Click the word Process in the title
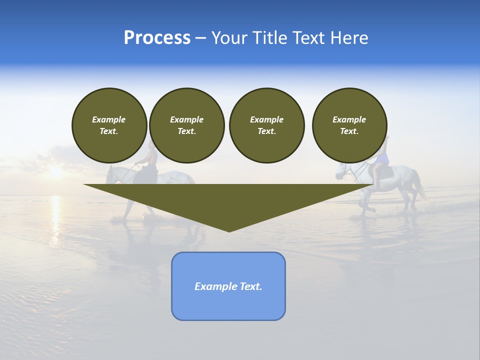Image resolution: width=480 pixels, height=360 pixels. coord(157,38)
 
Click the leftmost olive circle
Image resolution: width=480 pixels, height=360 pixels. coord(109,125)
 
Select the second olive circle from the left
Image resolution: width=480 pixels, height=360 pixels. coord(187,125)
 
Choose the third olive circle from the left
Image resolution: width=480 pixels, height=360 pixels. coord(266,125)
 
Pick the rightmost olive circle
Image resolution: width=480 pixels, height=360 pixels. coord(349,125)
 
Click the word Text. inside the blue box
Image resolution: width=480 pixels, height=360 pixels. coord(251,286)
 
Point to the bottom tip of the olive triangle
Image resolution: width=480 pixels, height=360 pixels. coord(229,231)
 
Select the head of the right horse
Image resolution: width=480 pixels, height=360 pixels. coord(341,171)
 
